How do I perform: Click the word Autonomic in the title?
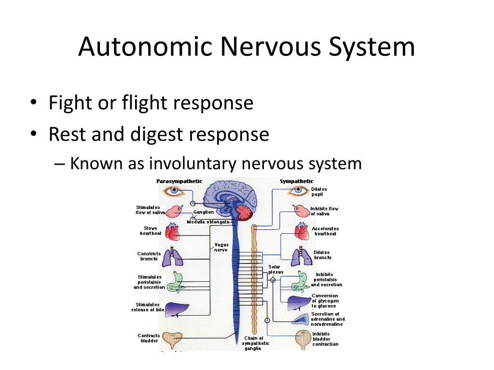click(145, 47)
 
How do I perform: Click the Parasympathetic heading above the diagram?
click(179, 181)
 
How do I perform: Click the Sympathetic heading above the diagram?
click(297, 181)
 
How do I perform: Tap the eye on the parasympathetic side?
click(173, 191)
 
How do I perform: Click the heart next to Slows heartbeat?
click(172, 232)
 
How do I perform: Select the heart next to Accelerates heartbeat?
click(302, 231)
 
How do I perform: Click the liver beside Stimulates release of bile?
click(177, 309)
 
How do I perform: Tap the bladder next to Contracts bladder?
click(173, 339)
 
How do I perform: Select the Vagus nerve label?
click(221, 247)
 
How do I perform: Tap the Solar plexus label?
click(275, 269)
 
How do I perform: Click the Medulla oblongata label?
click(208, 222)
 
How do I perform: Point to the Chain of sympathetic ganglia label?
click(256, 343)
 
